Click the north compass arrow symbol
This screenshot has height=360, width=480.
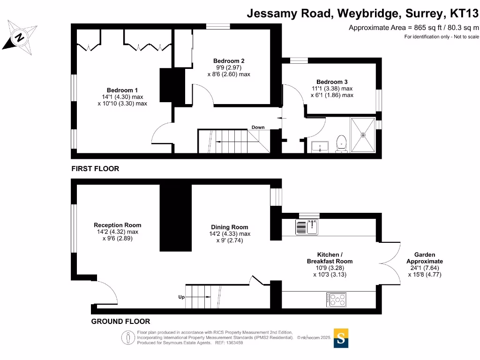[20, 37]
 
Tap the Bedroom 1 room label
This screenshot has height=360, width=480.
[122, 90]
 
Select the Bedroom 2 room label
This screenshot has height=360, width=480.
[229, 61]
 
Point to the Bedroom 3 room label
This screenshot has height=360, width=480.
[332, 82]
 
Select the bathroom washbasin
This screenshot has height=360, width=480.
[321, 147]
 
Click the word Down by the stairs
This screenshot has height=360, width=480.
[258, 127]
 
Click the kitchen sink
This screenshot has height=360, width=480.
[307, 227]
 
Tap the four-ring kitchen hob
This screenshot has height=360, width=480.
[337, 300]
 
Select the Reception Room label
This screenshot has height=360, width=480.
[117, 225]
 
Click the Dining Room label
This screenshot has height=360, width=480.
[230, 227]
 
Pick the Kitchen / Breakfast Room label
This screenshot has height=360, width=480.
[330, 258]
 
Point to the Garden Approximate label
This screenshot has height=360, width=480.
[424, 258]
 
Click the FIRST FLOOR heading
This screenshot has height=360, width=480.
[95, 169]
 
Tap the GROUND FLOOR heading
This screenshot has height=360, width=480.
[120, 322]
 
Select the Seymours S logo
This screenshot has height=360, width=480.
[341, 338]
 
